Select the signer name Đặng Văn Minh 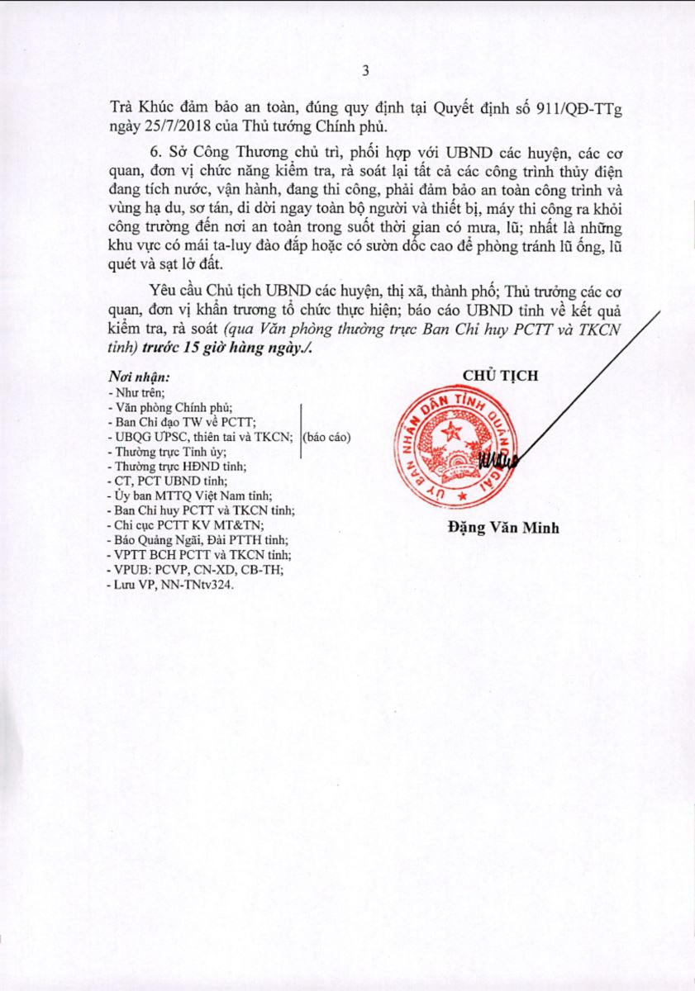coord(502,528)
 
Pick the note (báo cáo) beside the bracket coord(327,438)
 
